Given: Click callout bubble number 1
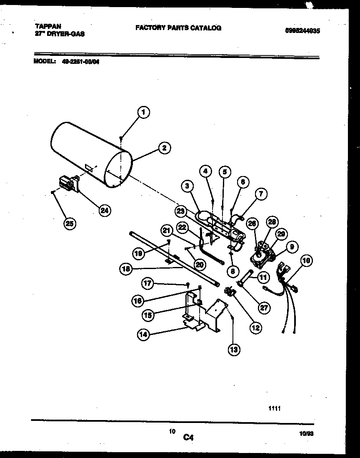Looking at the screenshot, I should pos(143,112).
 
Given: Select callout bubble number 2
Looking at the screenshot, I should pos(164,147).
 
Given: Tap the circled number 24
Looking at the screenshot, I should pos(105,210).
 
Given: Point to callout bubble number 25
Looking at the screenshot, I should pos(70,224).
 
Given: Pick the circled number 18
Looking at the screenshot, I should pos(125,269).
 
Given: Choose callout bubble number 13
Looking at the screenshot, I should pos(233,350).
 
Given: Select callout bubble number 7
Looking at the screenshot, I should pos(261,194).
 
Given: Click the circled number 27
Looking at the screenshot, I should pos(264,308).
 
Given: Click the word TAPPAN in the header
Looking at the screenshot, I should pos(46,26).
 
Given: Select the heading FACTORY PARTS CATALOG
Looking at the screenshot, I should pos(178,28).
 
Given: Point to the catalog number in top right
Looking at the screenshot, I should pos(302,30).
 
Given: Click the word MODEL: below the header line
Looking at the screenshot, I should pos(44,61).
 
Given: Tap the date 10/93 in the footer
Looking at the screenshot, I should pos(306,433).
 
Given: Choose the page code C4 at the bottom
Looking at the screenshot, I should pos(188,438).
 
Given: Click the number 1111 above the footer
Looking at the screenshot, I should pos(274,409).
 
